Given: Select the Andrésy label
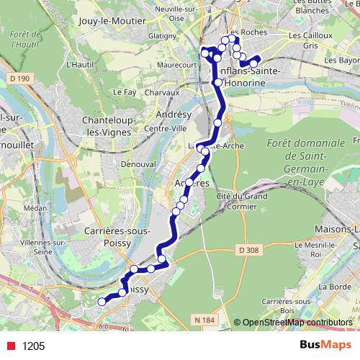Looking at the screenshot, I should tap(172, 115).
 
